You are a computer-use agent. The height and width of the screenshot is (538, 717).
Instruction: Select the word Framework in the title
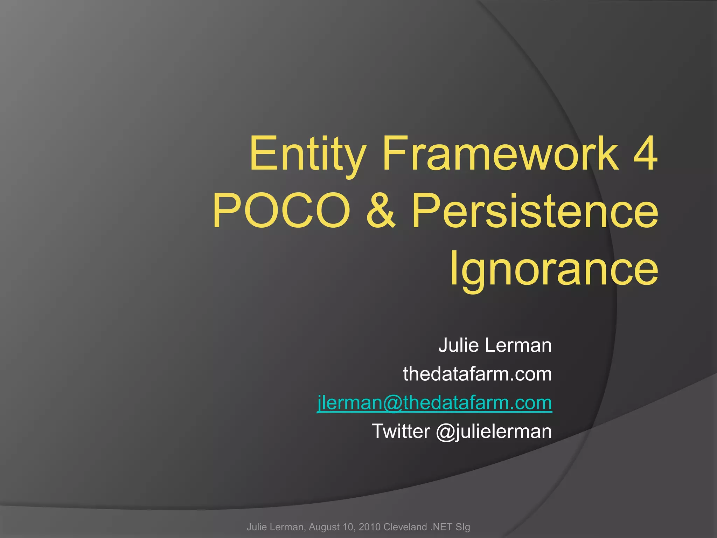[501, 154]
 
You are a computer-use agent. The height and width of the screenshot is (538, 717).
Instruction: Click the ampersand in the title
[381, 211]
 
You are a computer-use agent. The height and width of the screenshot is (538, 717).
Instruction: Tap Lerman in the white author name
[518, 345]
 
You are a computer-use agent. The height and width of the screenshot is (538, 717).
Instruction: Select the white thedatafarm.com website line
[477, 374]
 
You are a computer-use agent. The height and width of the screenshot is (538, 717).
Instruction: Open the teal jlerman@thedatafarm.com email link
[434, 403]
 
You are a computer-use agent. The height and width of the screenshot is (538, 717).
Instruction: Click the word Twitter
[401, 431]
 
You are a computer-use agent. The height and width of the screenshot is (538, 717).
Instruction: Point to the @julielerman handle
[494, 431]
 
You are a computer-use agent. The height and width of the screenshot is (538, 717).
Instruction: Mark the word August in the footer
[326, 527]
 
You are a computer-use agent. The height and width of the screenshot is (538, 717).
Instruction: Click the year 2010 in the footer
[370, 527]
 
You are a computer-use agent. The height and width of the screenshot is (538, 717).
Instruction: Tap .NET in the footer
[442, 527]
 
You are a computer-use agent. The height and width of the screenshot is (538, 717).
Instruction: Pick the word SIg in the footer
[463, 527]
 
